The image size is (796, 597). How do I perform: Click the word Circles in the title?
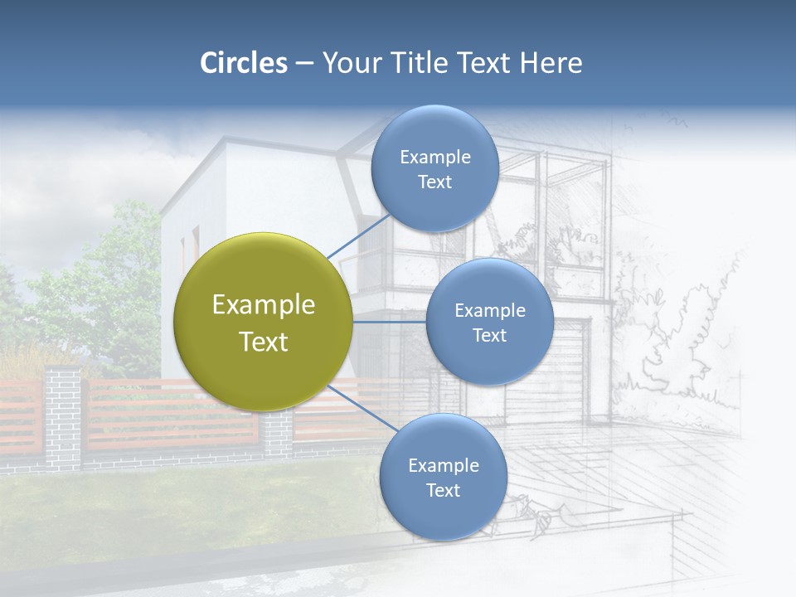pos(243,63)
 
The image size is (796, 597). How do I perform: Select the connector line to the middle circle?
pos(390,322)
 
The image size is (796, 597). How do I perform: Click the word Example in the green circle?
pos(264,305)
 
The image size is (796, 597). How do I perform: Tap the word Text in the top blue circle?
pos(435,182)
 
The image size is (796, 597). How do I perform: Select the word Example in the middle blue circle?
pos(490,311)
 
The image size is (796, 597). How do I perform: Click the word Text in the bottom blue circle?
pos(444,491)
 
